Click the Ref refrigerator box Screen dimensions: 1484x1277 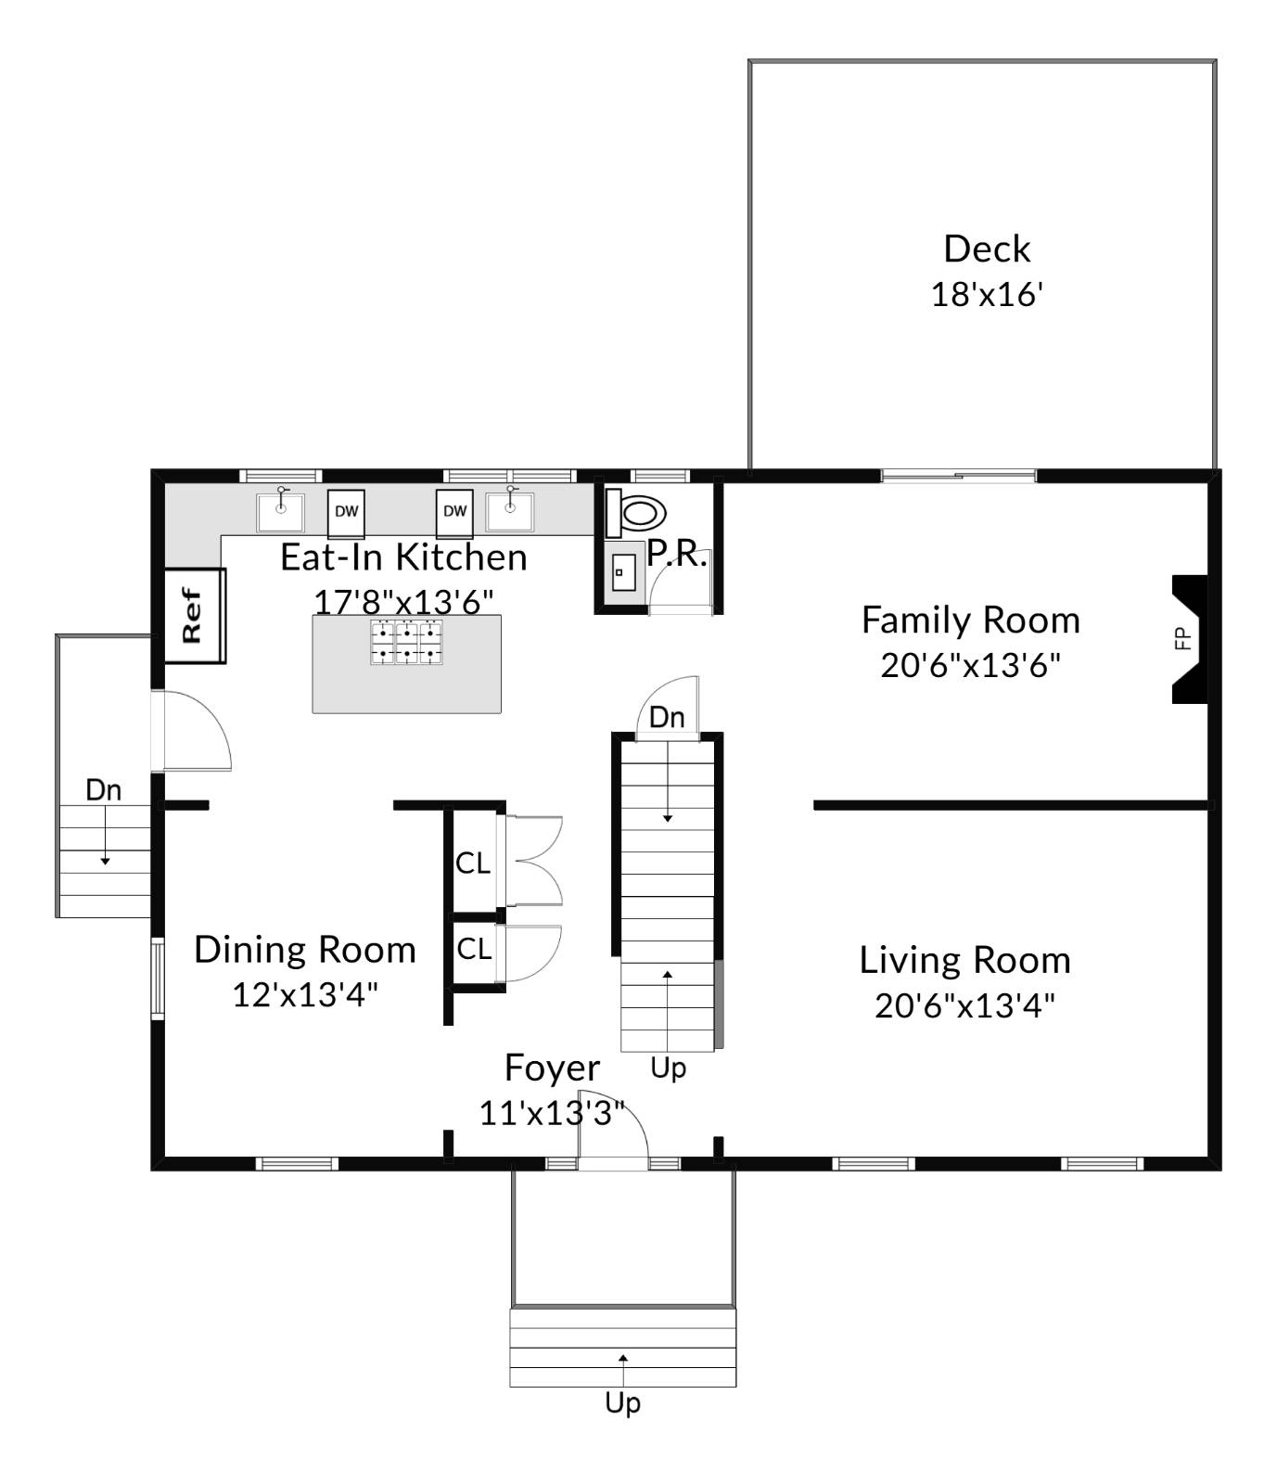pyautogui.click(x=195, y=615)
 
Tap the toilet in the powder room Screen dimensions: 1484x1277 pyautogui.click(x=639, y=512)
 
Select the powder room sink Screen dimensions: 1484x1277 pyautogui.click(x=622, y=572)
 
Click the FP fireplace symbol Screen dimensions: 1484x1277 pyautogui.click(x=1188, y=639)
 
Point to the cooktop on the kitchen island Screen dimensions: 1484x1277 pyautogui.click(x=407, y=643)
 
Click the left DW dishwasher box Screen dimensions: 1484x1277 pyautogui.click(x=346, y=512)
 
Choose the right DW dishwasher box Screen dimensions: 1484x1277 pyautogui.click(x=454, y=512)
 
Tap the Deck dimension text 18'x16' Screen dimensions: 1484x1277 pyautogui.click(x=987, y=295)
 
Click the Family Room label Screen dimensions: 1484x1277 pyautogui.click(x=970, y=620)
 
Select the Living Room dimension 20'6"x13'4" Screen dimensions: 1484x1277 pyautogui.click(x=964, y=1005)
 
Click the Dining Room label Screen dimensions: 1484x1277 pyautogui.click(x=305, y=951)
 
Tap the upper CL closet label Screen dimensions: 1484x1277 pyautogui.click(x=473, y=864)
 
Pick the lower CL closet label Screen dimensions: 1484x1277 pyautogui.click(x=474, y=949)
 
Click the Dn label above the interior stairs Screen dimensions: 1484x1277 pyautogui.click(x=667, y=717)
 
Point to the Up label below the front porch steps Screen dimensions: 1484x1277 pyautogui.click(x=622, y=1403)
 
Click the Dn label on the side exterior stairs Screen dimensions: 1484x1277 pyautogui.click(x=103, y=790)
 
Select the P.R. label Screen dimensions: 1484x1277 pyautogui.click(x=676, y=554)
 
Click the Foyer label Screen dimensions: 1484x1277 pyautogui.click(x=552, y=1068)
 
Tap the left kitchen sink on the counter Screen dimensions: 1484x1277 pyautogui.click(x=280, y=511)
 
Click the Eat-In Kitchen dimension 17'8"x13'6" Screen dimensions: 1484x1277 pyautogui.click(x=403, y=602)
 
